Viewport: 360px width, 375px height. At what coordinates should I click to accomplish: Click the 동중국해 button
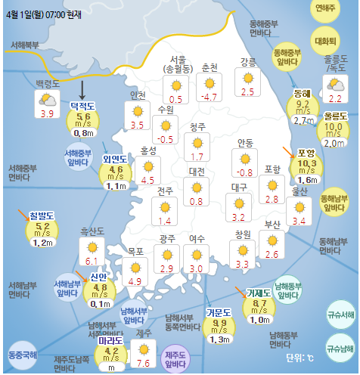click(23, 354)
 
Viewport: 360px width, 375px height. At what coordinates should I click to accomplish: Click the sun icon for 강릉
click(247, 77)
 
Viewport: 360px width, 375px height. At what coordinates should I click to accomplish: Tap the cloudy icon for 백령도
click(47, 98)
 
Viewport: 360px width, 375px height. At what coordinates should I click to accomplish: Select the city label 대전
click(197, 172)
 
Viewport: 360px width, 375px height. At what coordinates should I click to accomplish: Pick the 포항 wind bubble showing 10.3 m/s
click(306, 163)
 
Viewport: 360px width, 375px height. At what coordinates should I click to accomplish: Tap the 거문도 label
click(220, 312)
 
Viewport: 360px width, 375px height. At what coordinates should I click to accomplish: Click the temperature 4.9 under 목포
click(135, 281)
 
